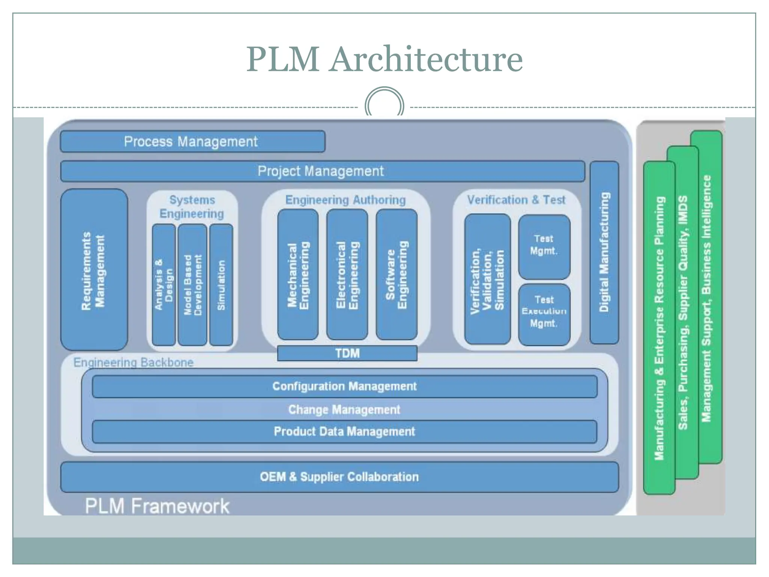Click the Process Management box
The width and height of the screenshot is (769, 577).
point(192,142)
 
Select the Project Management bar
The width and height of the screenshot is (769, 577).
point(322,171)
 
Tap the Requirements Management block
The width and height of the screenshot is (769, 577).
point(94,270)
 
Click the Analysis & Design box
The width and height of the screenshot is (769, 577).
point(164,285)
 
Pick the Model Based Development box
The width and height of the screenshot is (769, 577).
point(192,285)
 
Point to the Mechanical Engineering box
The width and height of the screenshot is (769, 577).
point(298,275)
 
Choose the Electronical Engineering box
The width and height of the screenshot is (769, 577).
point(347,275)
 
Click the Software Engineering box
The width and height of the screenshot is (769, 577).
point(397,275)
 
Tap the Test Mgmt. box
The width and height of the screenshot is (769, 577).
point(544,247)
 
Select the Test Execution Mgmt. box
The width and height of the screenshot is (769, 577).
point(544,315)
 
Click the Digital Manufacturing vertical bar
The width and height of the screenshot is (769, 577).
point(604,252)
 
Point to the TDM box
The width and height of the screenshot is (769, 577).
point(347,353)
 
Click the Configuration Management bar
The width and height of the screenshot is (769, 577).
point(344,387)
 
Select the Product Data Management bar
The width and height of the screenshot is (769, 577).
point(344,432)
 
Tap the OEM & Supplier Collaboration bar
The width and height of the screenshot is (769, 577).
point(339,477)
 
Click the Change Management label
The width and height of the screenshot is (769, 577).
point(344,409)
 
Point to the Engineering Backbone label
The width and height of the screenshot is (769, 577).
point(133,363)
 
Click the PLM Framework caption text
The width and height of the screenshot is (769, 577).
point(157,506)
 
